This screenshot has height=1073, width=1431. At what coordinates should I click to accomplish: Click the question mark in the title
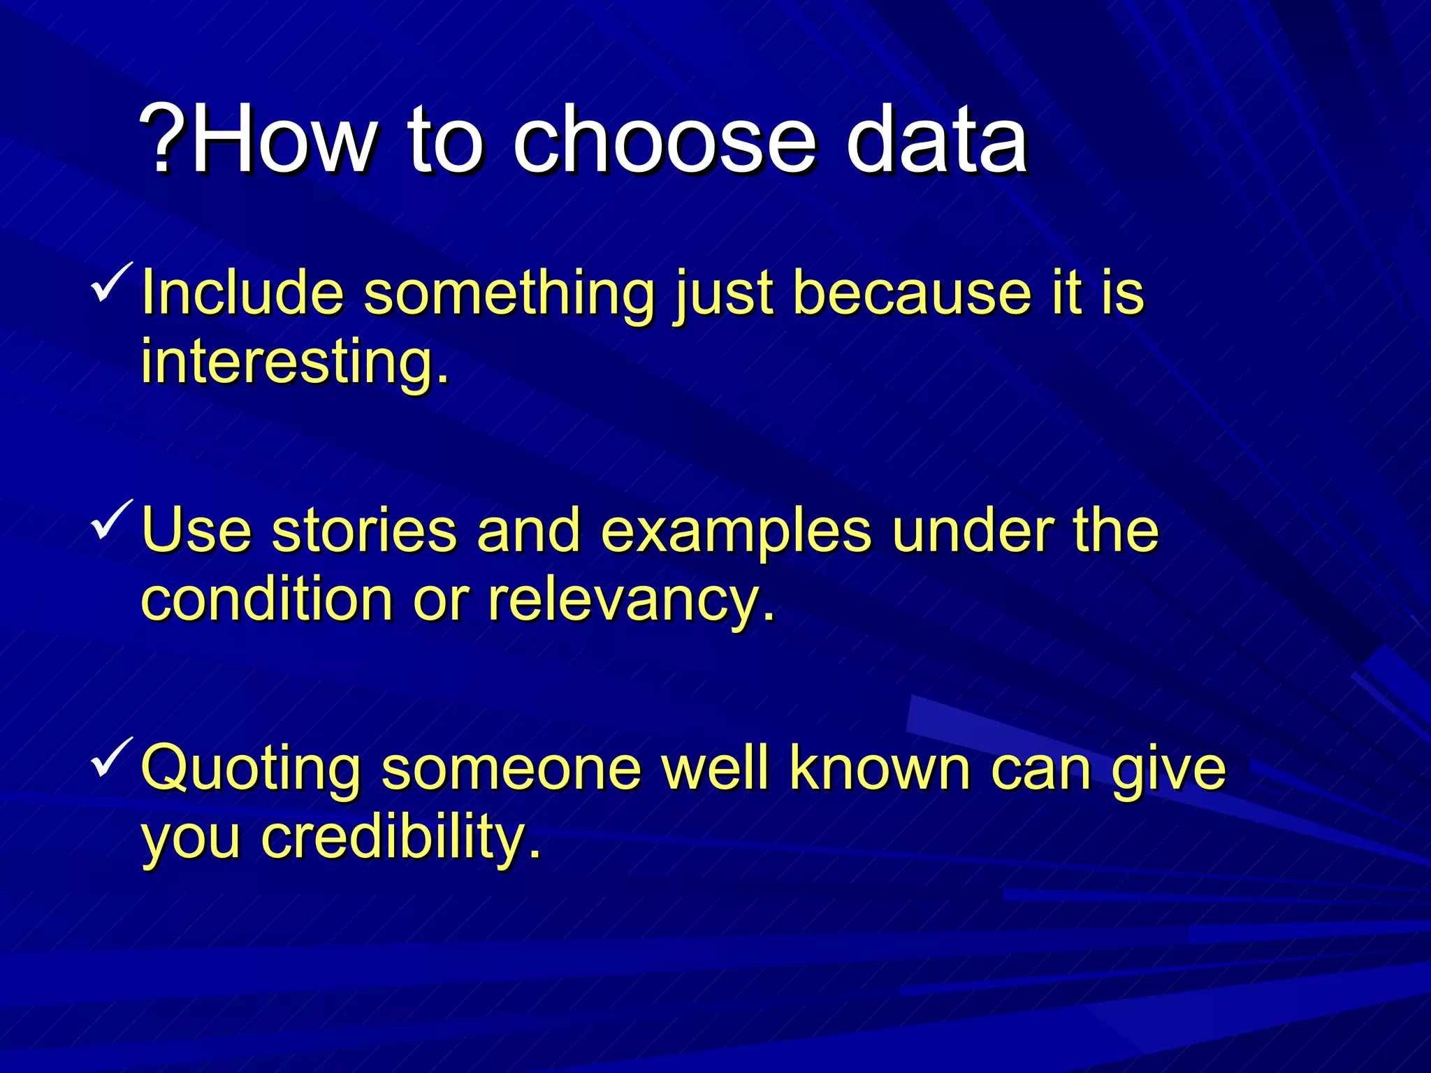click(x=164, y=138)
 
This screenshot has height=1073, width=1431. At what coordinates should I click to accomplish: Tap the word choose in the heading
click(x=664, y=138)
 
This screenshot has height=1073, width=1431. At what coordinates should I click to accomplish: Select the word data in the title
click(x=936, y=138)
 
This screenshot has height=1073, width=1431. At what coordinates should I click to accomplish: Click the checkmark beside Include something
click(x=112, y=282)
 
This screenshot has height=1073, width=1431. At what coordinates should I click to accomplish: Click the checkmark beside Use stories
click(x=112, y=520)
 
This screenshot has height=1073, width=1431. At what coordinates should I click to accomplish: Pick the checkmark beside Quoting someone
click(x=112, y=757)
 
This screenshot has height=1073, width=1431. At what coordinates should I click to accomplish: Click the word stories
click(x=364, y=531)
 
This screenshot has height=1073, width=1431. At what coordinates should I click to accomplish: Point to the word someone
click(x=511, y=768)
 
